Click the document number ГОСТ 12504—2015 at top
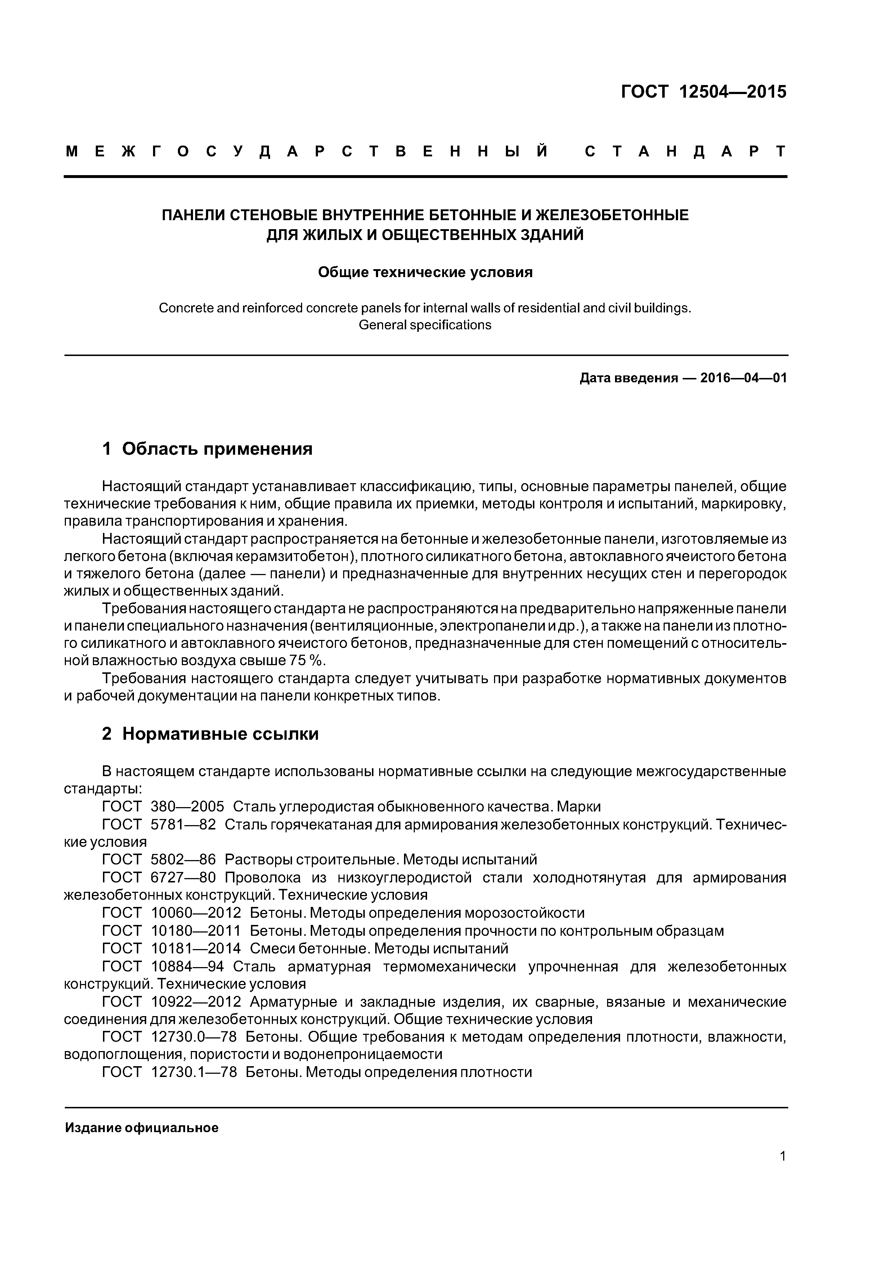[703, 92]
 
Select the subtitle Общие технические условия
[425, 272]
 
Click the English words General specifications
[425, 325]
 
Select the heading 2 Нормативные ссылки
[210, 734]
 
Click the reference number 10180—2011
[196, 931]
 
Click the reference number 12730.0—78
[194, 1037]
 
